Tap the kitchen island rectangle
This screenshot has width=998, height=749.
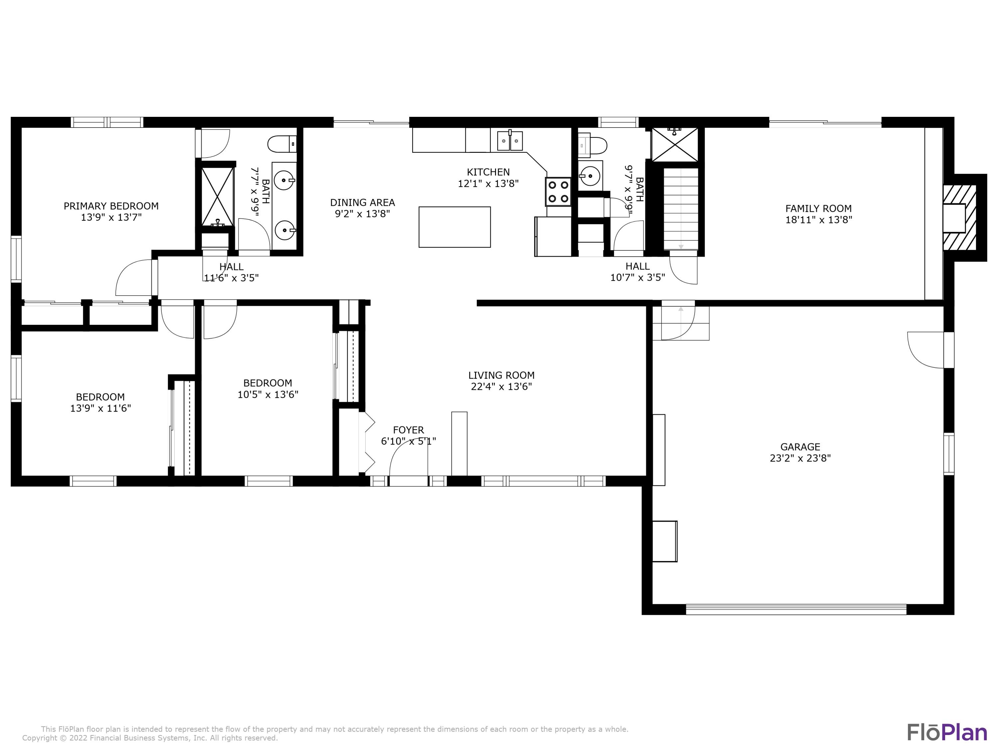point(454,227)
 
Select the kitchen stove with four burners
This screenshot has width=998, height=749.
point(558,191)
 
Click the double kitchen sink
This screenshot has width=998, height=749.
point(510,141)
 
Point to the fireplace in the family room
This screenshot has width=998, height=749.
point(960,218)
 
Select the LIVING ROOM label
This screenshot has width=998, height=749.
point(501,375)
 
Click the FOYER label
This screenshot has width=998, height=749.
point(408,430)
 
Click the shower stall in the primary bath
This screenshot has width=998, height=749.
point(218,196)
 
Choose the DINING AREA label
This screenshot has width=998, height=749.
point(362,203)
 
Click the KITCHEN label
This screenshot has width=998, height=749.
point(488,172)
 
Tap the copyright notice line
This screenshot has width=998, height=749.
point(150,738)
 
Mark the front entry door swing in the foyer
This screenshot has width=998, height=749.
point(408,457)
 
